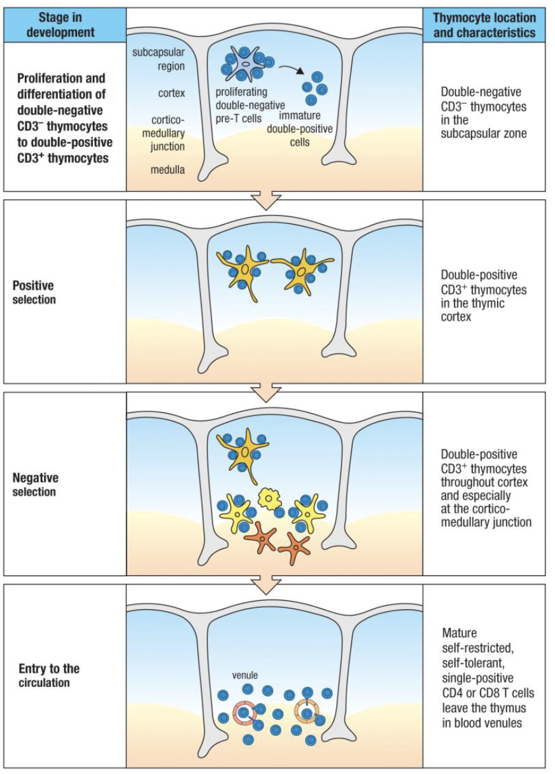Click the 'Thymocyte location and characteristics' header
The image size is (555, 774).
(484, 25)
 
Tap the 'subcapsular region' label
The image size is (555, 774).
(158, 58)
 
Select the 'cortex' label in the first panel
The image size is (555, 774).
(171, 94)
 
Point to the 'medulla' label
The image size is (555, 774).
(168, 170)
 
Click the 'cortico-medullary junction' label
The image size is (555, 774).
(168, 133)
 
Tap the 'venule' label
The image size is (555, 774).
(245, 675)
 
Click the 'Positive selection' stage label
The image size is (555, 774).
(33, 292)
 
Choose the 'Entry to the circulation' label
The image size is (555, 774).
(49, 676)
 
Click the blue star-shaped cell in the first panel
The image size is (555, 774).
(245, 64)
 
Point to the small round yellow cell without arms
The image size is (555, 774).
(269, 498)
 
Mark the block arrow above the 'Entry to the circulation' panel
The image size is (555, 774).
(266, 583)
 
